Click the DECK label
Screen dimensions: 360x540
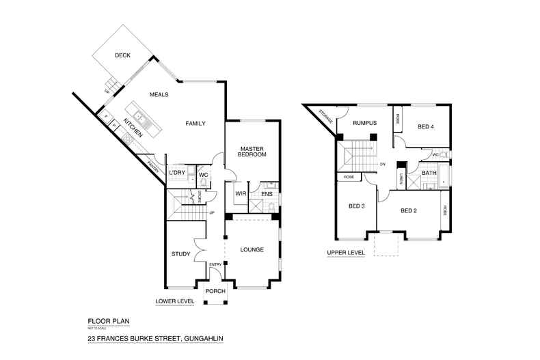(122, 56)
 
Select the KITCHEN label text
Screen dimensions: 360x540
(133, 128)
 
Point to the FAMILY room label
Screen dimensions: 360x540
(195, 123)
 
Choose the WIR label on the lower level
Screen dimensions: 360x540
(240, 193)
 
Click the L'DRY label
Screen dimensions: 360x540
(177, 174)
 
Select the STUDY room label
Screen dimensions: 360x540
(180, 255)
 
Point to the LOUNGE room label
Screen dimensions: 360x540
(252, 250)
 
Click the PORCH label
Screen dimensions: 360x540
(216, 291)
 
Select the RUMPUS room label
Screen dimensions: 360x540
(365, 123)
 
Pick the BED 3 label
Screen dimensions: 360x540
(357, 206)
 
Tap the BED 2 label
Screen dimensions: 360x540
(409, 210)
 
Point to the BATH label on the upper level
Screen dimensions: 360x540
(429, 173)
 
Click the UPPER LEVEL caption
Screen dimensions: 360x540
(346, 253)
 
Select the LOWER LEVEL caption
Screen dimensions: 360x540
(175, 301)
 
